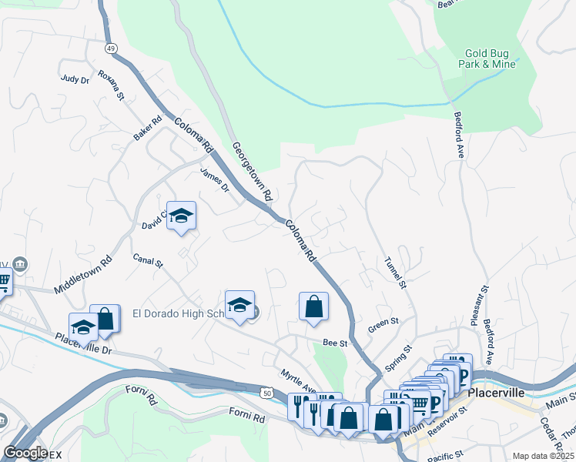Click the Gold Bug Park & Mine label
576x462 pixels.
pyautogui.click(x=489, y=59)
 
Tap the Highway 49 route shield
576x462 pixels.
pyautogui.click(x=111, y=48)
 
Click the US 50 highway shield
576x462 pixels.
pyautogui.click(x=266, y=393)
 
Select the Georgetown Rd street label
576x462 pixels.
pyautogui.click(x=253, y=172)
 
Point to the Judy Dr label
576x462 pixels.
pyautogui.click(x=75, y=79)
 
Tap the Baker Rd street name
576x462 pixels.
pyautogui.click(x=147, y=128)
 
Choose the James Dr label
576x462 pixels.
pyautogui.click(x=215, y=180)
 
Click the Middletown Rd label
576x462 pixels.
pyautogui.click(x=83, y=274)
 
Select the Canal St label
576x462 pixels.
pyautogui.click(x=148, y=261)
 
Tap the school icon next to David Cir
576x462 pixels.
pyautogui.click(x=181, y=216)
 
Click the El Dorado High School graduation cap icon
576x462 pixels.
pyautogui.click(x=239, y=306)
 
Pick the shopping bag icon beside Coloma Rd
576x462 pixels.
pyautogui.click(x=313, y=306)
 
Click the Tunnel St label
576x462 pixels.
pyautogui.click(x=394, y=271)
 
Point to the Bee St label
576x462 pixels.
pyautogui.click(x=336, y=342)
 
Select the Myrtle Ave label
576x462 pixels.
pyautogui.click(x=299, y=380)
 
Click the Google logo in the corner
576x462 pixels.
pyautogui.click(x=25, y=453)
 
